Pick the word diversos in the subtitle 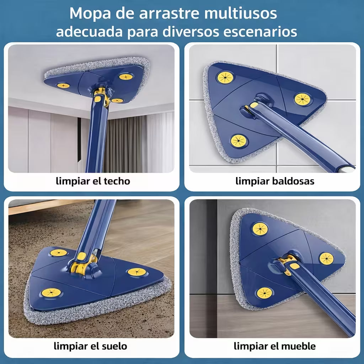(192, 32)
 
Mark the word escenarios (260, 32)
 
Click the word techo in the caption (117, 181)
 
